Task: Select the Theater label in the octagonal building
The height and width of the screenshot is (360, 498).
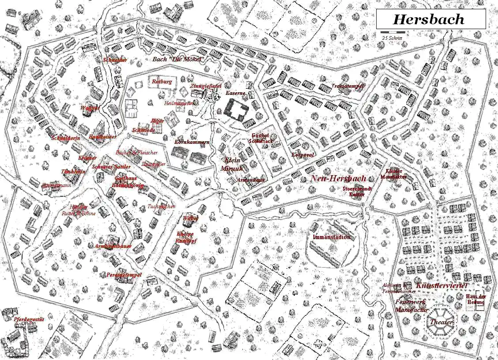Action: [441, 322]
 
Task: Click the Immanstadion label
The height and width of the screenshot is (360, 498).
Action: [332, 237]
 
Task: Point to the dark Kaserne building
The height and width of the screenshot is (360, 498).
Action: [237, 109]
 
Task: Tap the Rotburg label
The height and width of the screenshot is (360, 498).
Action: [162, 82]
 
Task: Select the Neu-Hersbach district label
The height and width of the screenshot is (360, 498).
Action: [338, 179]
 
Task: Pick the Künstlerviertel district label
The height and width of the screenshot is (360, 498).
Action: [441, 286]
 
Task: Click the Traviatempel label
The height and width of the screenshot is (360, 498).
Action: [348, 86]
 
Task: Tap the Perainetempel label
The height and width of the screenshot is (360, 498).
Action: [124, 275]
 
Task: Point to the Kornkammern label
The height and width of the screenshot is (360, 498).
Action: [192, 142]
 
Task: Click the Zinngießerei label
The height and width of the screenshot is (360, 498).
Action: [206, 86]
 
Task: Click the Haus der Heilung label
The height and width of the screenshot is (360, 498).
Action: [476, 300]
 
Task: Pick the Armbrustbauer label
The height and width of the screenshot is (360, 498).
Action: [113, 246]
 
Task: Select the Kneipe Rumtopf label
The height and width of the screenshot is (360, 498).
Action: [186, 237]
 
